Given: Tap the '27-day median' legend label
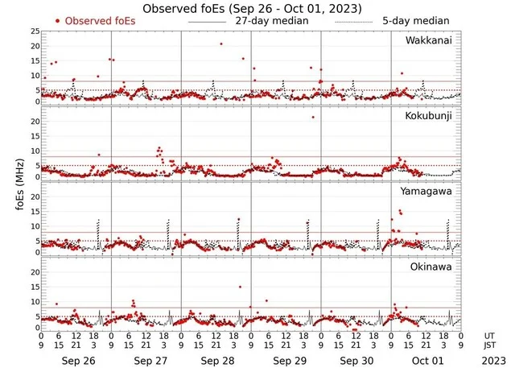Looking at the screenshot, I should [x=271, y=20].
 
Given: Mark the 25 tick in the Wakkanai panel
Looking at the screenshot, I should [x=34, y=31].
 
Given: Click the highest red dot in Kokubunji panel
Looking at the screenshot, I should [x=313, y=117].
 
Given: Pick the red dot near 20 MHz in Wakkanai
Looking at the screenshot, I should [x=221, y=44].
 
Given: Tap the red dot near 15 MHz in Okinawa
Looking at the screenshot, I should [x=239, y=287].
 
